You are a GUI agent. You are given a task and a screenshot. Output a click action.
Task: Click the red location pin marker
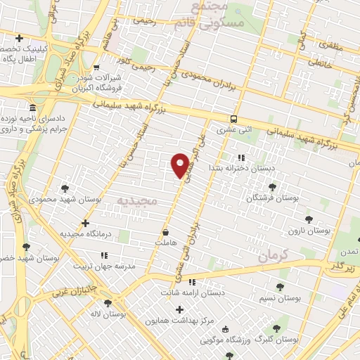pos(180,165)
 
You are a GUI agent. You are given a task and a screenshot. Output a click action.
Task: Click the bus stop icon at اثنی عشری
pos(233,119)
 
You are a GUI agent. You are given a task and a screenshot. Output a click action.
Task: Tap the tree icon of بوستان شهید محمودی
pos(65,188)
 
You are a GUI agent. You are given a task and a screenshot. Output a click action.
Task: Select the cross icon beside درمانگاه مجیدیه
pos(84,223)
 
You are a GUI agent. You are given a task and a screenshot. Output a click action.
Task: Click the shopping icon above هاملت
pos(165,232)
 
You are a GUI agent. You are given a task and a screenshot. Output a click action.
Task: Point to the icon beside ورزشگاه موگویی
pos(224,329)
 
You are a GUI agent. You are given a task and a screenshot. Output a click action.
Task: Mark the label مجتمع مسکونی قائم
pos(217,15)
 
